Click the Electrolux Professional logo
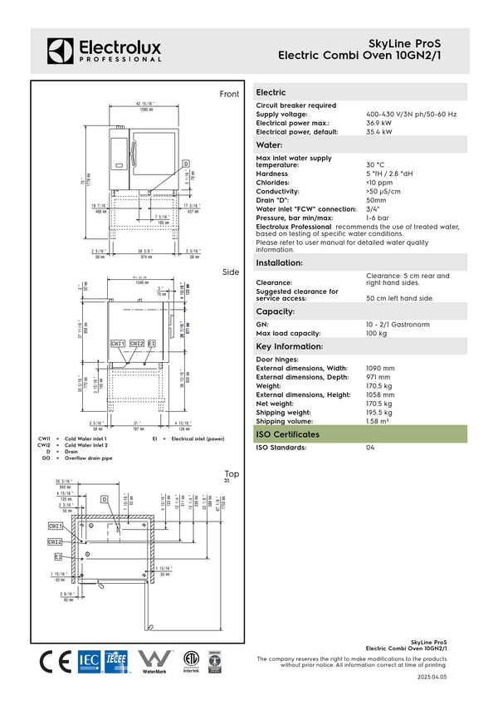(x=105, y=50)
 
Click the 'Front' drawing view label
(x=229, y=95)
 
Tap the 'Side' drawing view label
(x=230, y=272)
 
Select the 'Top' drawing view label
(x=232, y=474)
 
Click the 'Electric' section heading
(x=271, y=92)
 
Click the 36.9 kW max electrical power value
(x=379, y=123)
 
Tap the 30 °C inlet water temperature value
(x=375, y=164)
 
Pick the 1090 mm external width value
(x=380, y=368)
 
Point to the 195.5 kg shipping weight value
(x=379, y=412)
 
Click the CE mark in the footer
(x=56, y=661)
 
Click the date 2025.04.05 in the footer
(x=432, y=678)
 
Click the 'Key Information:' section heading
(x=289, y=346)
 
